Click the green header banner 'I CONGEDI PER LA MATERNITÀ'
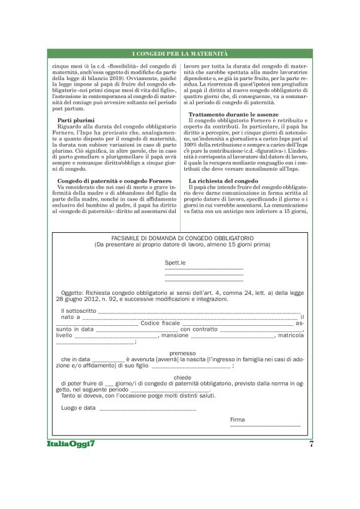pos(180,55)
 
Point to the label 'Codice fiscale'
pos(160,323)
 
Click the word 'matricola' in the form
pos(290,335)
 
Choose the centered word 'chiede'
pos(182,377)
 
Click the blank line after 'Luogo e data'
pos(148,409)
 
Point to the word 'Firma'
pos(237,420)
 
